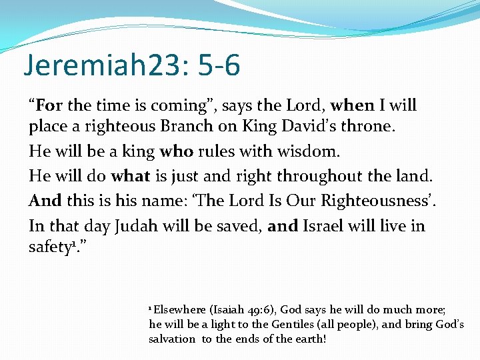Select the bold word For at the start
pos(49,105)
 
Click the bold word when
pos(352,105)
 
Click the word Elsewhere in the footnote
pos(180,310)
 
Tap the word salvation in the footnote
pos(172,339)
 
